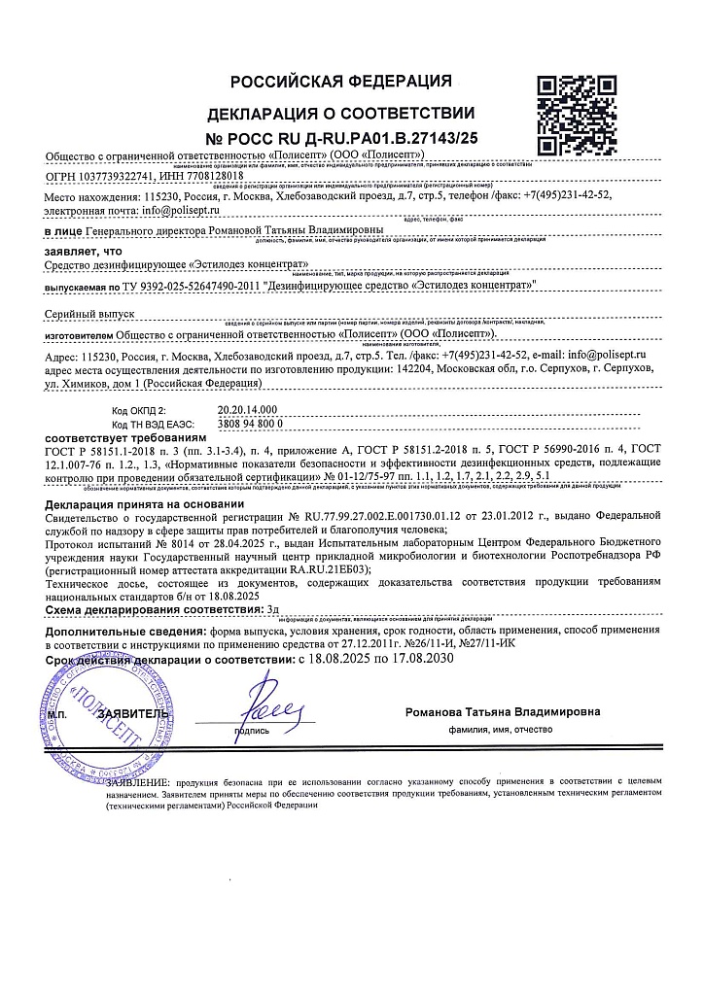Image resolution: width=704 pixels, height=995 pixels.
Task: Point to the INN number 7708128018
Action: (234, 177)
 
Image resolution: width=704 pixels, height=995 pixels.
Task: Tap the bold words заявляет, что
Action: (83, 248)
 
